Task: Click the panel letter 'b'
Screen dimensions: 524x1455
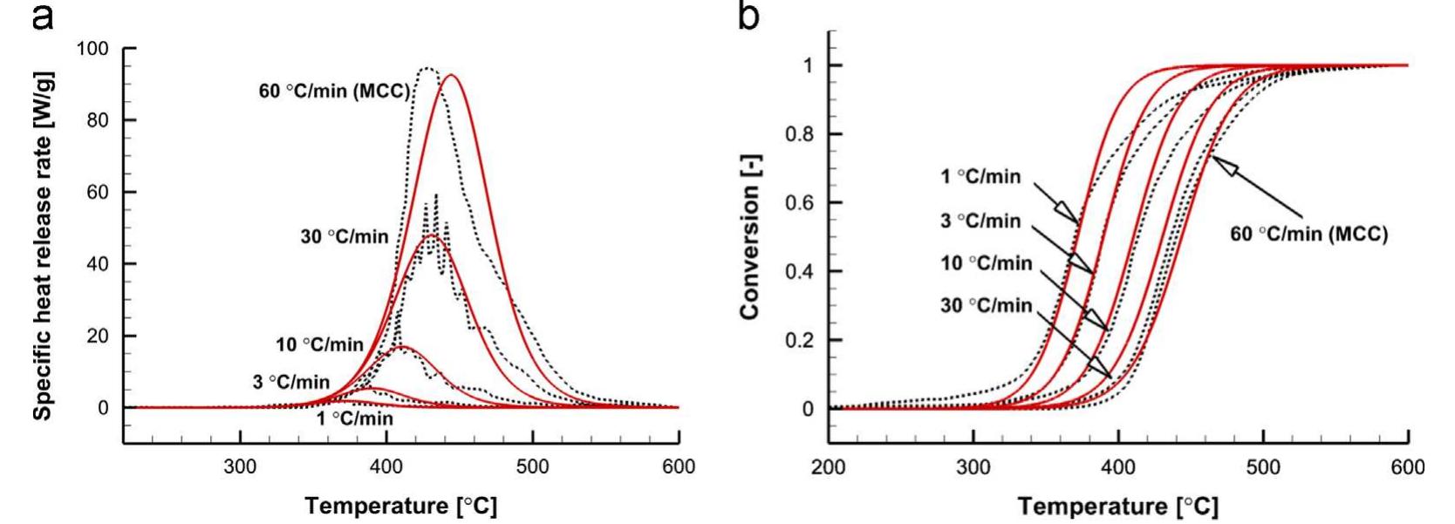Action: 748,17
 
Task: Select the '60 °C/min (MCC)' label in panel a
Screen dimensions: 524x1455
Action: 334,91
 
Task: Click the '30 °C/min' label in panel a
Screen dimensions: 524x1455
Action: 345,237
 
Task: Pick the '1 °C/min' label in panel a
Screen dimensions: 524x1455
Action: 354,419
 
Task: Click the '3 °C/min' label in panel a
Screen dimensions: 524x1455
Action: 291,382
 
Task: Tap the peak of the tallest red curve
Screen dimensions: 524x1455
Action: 451,75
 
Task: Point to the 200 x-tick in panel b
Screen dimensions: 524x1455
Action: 828,467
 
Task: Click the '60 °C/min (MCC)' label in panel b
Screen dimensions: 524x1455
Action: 1308,235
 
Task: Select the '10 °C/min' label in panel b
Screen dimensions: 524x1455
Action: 987,263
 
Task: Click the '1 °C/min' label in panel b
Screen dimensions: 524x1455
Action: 980,177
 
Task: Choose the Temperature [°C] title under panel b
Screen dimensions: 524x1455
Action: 1117,506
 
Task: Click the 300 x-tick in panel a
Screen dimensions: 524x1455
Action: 240,466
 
